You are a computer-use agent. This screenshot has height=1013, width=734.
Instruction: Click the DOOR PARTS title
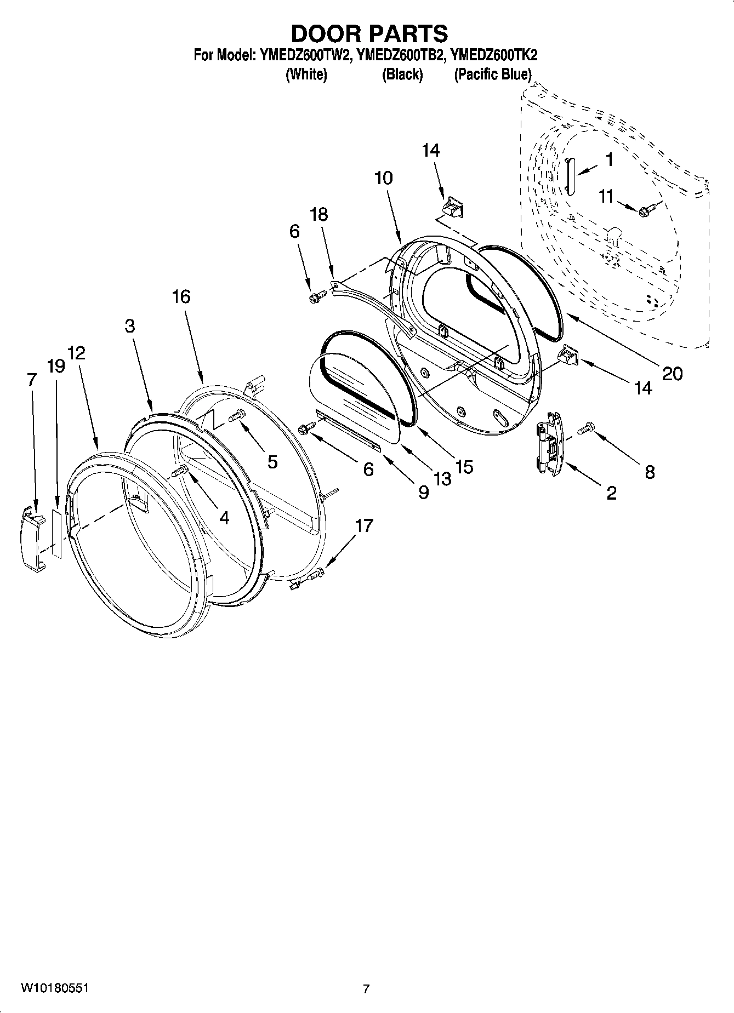click(369, 34)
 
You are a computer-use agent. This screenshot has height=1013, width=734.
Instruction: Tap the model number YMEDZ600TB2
click(399, 55)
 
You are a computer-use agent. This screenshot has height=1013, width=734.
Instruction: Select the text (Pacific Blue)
click(492, 75)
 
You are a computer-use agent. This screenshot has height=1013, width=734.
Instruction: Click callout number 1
click(609, 160)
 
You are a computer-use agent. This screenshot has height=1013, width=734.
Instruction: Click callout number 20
click(673, 374)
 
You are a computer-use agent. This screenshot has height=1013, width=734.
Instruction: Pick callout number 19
click(56, 366)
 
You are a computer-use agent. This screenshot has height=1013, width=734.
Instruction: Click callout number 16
click(181, 297)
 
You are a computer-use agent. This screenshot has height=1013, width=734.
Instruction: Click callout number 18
click(318, 214)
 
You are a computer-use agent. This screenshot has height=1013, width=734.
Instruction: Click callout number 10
click(384, 178)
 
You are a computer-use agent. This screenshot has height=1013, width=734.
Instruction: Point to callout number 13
click(442, 478)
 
